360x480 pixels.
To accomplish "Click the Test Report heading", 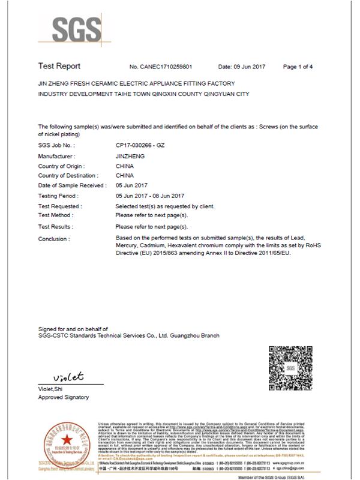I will click(59, 66).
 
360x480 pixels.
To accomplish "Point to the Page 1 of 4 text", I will click(298, 67).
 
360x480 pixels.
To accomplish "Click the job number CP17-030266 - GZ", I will click(141, 145).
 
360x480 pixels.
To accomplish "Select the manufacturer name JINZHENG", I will click(131, 156).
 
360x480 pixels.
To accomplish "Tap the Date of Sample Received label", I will click(68, 186).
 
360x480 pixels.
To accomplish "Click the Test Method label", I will click(56, 215).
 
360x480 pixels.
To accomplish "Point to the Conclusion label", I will click(54, 239).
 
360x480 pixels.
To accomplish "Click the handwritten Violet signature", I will click(68, 377).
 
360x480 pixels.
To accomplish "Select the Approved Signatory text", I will click(63, 397).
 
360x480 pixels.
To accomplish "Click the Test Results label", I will click(56, 227).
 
